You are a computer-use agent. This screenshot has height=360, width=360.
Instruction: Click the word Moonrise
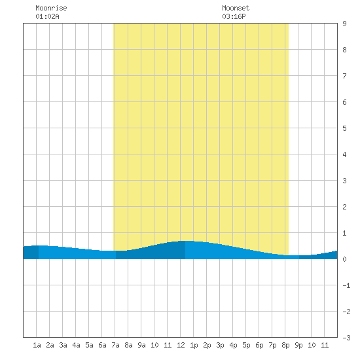(51, 8)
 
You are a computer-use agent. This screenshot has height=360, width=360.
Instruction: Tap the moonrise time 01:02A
(47, 16)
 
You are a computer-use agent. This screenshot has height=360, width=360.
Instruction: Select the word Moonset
(236, 8)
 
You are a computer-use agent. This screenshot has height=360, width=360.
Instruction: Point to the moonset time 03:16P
(234, 16)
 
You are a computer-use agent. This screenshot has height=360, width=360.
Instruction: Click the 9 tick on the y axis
(344, 24)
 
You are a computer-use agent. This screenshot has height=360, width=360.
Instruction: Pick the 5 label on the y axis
(344, 128)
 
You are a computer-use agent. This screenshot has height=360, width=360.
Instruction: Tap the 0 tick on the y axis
(344, 259)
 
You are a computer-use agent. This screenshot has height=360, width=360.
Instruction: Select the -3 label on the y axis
(346, 338)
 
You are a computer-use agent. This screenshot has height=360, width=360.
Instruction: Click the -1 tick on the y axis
(346, 285)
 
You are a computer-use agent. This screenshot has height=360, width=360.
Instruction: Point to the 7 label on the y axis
(344, 76)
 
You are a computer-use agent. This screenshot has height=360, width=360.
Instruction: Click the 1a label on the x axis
(37, 345)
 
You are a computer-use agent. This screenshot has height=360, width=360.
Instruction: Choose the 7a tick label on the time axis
(115, 345)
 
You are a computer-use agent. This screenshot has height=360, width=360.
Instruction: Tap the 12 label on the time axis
(181, 345)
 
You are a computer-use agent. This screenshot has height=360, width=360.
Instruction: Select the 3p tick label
(220, 345)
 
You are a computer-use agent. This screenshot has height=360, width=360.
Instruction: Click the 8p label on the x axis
(285, 345)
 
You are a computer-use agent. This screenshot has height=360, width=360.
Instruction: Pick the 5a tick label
(89, 345)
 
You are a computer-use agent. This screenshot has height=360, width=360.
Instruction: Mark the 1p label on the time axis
(194, 345)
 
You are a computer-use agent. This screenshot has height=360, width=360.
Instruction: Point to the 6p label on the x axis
(259, 345)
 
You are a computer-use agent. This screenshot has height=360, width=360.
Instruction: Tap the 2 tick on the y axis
(344, 207)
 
